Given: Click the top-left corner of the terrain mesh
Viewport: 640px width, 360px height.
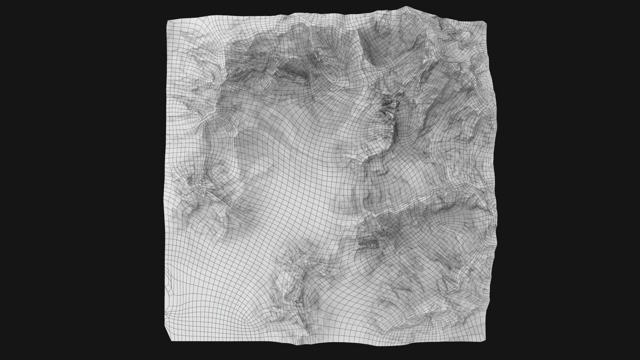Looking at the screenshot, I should (167, 20).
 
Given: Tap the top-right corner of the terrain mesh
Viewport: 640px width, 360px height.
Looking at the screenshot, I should (486, 23).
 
